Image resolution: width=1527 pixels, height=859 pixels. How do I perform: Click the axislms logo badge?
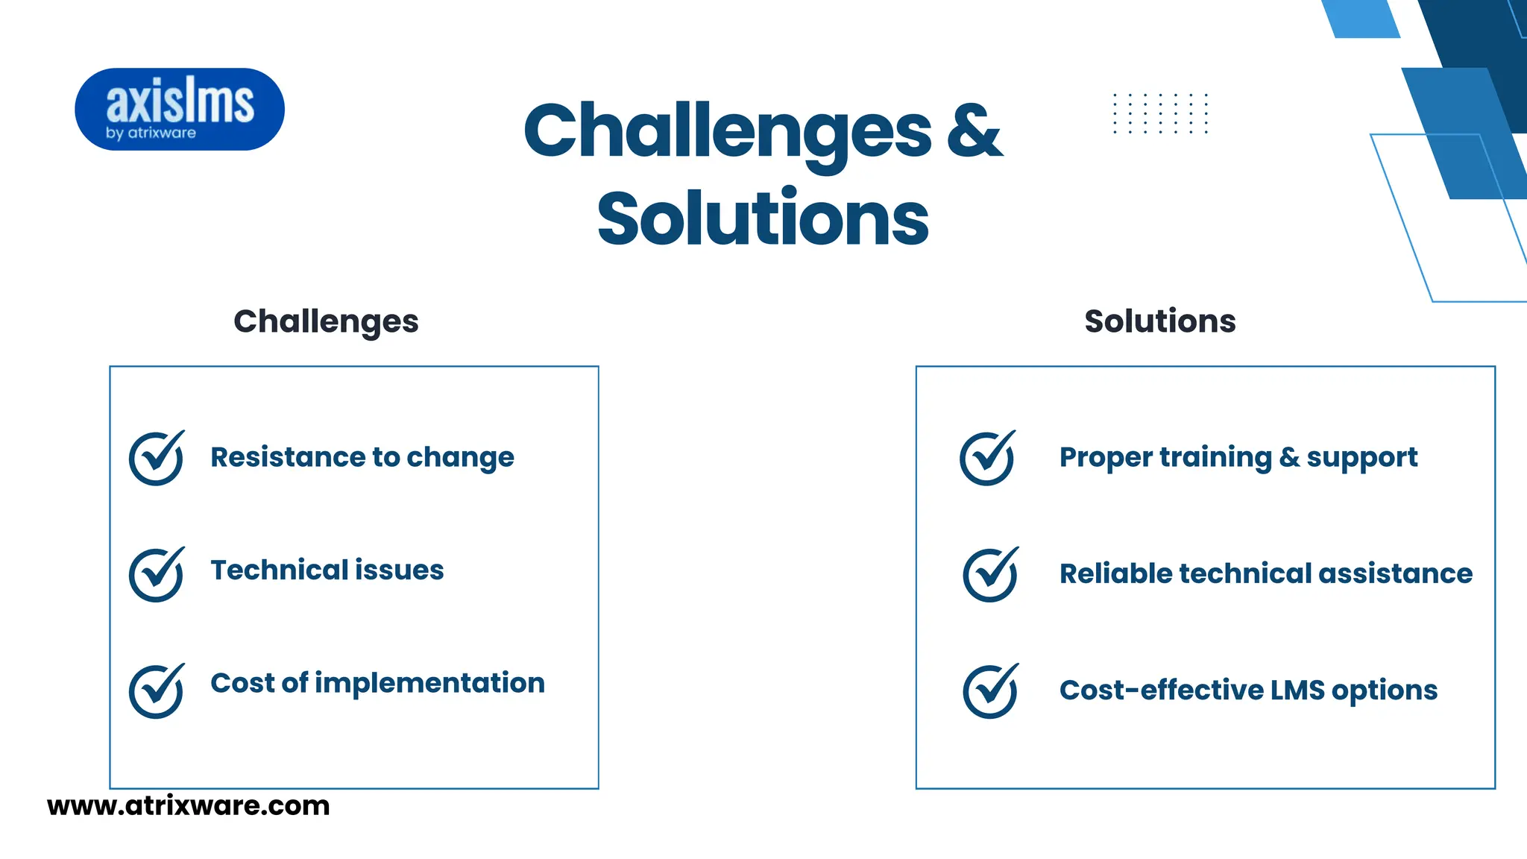click(x=180, y=109)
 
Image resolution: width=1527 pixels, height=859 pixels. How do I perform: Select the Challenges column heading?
click(x=326, y=321)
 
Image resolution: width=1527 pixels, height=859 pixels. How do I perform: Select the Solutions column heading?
click(x=1159, y=321)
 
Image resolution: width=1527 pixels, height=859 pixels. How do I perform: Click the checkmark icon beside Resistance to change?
click(x=157, y=458)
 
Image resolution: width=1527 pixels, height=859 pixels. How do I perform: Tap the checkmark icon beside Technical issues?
click(x=157, y=574)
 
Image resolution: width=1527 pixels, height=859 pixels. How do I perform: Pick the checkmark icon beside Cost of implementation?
click(x=157, y=690)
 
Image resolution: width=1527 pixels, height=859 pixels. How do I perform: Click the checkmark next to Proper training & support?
click(x=987, y=458)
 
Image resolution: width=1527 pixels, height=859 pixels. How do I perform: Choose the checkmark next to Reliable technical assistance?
click(x=990, y=574)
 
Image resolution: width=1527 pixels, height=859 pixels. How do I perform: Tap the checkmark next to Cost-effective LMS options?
click(x=990, y=690)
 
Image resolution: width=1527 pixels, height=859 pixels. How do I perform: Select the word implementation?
click(x=429, y=683)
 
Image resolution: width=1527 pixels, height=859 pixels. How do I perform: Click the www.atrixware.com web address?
click(x=188, y=806)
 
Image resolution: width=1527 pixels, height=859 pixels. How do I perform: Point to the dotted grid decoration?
click(x=1160, y=113)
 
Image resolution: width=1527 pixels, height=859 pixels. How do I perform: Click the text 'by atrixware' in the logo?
click(x=151, y=133)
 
